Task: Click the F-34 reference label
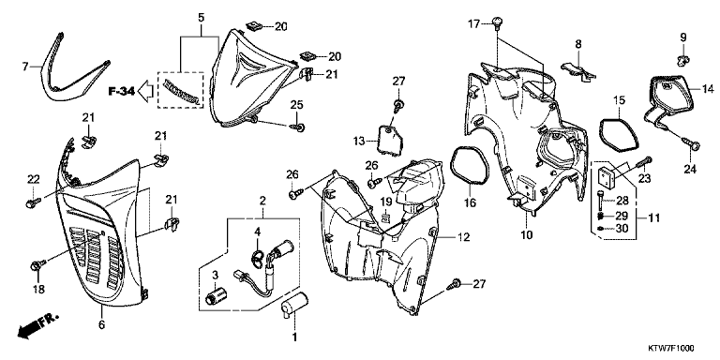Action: click(x=122, y=91)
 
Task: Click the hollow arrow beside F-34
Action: click(x=146, y=91)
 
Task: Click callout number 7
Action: click(x=25, y=67)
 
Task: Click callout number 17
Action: click(x=473, y=22)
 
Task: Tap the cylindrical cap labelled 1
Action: click(x=293, y=305)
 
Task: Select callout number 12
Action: click(x=464, y=237)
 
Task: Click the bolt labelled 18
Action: click(x=37, y=265)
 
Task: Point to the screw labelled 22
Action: click(x=33, y=202)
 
